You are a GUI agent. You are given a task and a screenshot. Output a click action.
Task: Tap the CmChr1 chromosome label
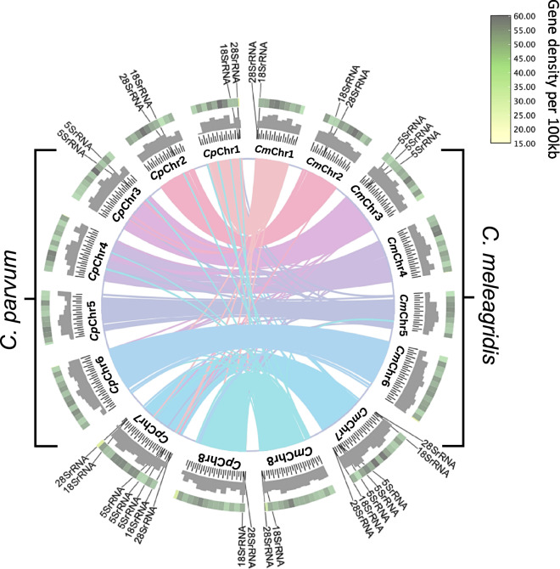(x=274, y=152)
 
